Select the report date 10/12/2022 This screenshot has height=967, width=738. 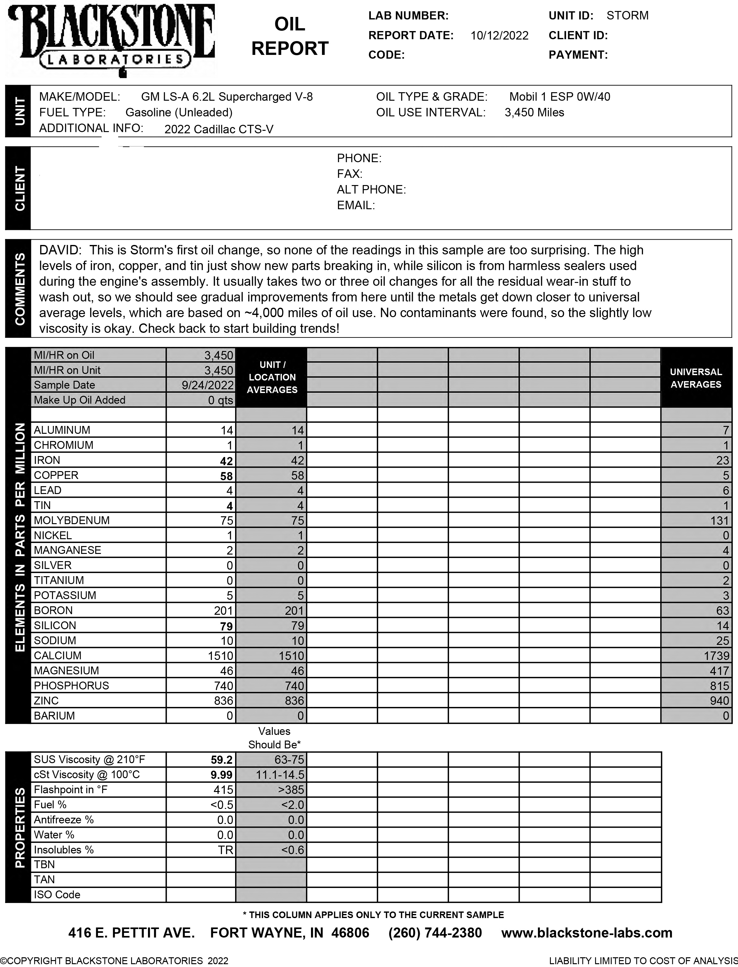[499, 36]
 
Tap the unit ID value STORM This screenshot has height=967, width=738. [627, 16]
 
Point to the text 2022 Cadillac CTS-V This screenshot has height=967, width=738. [219, 130]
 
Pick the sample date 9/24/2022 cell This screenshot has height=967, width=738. [207, 385]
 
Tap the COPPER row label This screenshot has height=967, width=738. [56, 476]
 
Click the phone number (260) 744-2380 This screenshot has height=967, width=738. [435, 933]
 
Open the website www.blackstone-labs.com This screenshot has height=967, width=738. [587, 933]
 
